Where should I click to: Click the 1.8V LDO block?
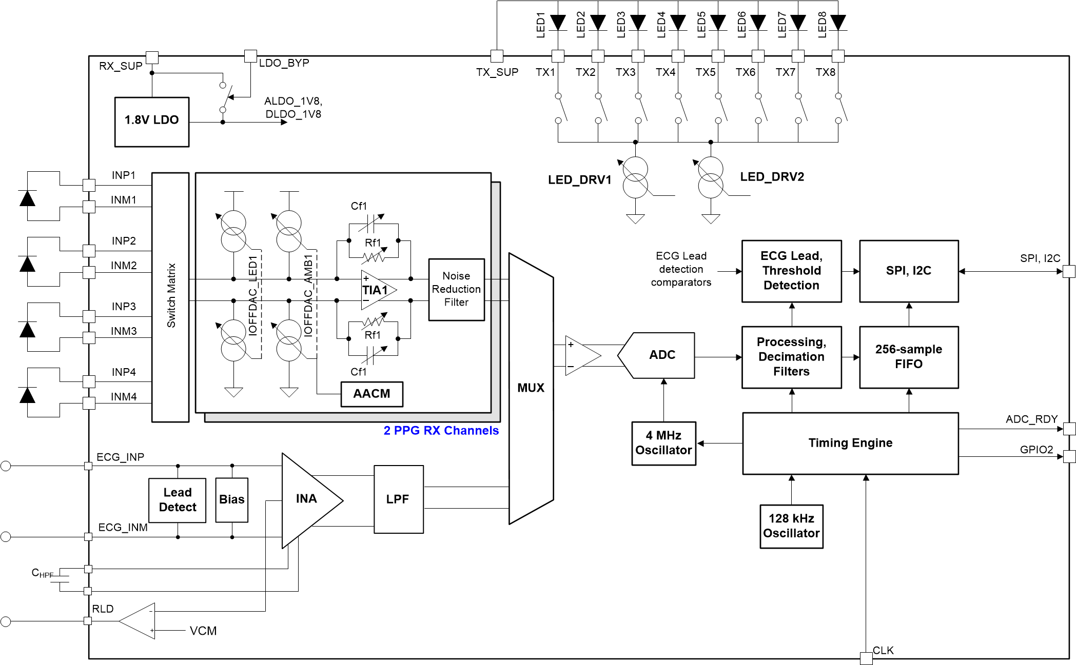coord(152,122)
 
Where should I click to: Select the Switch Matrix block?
coord(170,297)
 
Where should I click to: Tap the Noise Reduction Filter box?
coord(456,290)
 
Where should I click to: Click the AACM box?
coord(371,394)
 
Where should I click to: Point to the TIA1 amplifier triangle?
coord(377,290)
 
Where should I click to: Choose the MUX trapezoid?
coord(531,388)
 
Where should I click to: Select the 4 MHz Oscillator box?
coord(663,443)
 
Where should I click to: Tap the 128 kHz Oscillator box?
coord(791,526)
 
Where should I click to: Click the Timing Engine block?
coord(850,443)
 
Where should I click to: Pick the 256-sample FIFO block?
coord(908,357)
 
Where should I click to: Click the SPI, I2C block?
coord(908,271)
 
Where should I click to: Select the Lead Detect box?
coord(177,500)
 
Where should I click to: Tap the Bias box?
coord(232,500)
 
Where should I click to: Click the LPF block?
coord(398,499)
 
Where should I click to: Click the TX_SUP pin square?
coord(497,56)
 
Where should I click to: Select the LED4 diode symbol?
coord(678,23)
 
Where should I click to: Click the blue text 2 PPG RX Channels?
coord(441,431)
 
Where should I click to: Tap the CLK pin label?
coord(883,651)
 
